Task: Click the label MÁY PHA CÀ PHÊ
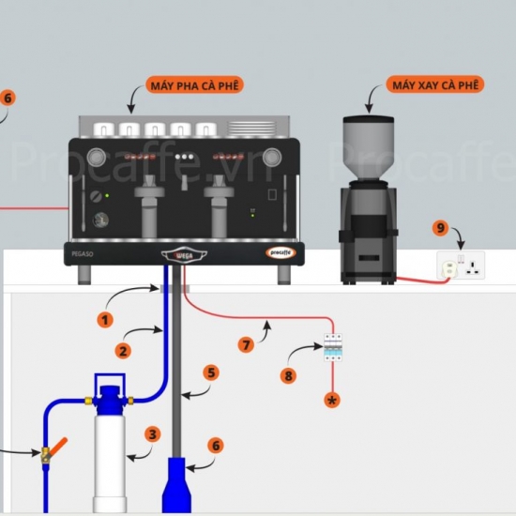[195, 85]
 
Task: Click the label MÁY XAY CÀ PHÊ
[436, 85]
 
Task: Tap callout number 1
[105, 320]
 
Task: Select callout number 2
[122, 351]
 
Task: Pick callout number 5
[211, 372]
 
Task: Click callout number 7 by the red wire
[247, 345]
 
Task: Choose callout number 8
[289, 377]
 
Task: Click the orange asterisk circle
[331, 400]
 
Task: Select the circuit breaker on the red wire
[331, 349]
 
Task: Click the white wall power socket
[463, 266]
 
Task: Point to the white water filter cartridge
[112, 460]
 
